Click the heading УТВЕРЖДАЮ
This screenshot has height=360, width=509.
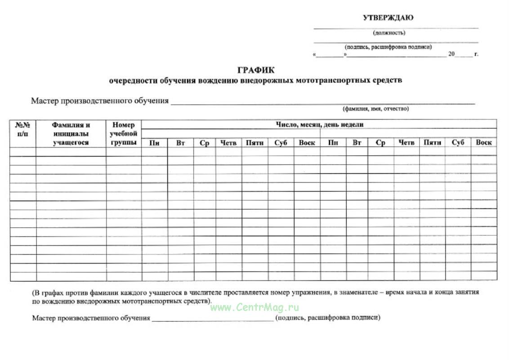point(388,18)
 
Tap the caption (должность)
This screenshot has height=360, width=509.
point(389,33)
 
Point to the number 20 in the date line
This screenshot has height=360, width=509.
point(451,54)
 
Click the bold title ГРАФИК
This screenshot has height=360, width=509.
point(256,70)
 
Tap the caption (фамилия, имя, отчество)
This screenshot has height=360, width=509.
point(375,109)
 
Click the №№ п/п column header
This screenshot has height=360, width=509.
point(22,129)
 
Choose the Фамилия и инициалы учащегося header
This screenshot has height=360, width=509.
point(71,134)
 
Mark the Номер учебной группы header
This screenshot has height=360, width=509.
point(123,134)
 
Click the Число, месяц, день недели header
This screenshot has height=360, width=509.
point(319,124)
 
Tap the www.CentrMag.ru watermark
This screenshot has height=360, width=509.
point(254,308)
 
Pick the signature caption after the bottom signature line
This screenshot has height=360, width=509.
point(328,318)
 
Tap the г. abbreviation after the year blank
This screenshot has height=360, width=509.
point(476,54)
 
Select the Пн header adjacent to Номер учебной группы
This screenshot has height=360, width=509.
point(154,143)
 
